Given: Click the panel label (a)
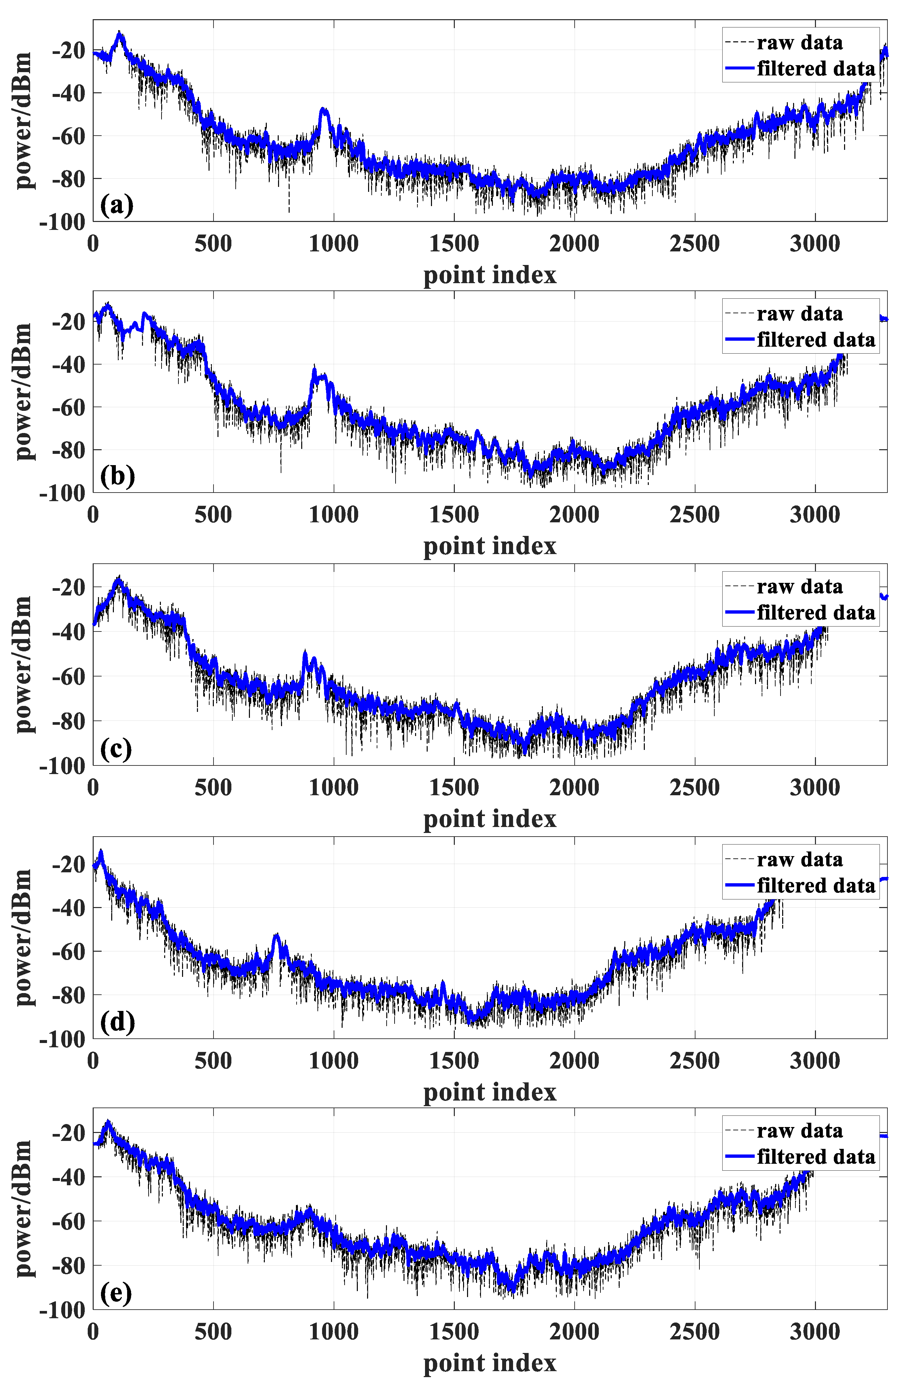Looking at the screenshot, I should click(x=117, y=206).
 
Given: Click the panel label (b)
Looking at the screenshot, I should click(x=117, y=476).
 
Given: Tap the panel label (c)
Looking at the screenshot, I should click(x=116, y=749).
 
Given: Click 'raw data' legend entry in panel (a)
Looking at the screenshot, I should click(x=799, y=43).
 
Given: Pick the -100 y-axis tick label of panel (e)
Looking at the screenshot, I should click(x=62, y=1310).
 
